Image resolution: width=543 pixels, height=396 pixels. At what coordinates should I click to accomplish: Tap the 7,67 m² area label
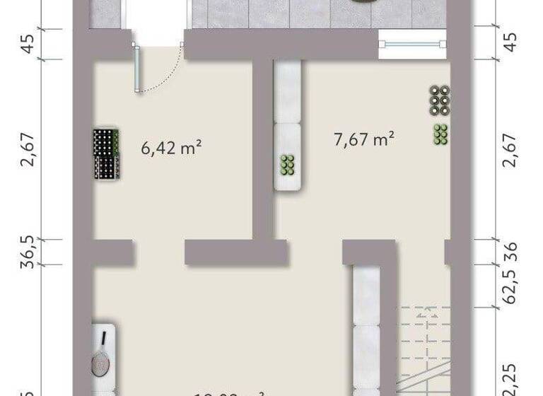(363, 139)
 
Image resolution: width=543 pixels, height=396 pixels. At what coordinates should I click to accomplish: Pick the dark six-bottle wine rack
(440, 100)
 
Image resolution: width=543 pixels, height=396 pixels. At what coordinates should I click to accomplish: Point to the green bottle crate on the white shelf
(288, 164)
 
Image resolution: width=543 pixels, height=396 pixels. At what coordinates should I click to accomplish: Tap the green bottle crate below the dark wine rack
(440, 134)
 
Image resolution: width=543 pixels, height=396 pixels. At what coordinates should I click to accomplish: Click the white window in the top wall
(413, 43)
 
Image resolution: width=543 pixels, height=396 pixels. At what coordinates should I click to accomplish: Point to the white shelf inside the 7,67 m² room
(288, 126)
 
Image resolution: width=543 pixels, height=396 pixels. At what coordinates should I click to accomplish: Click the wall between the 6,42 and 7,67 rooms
(263, 148)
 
